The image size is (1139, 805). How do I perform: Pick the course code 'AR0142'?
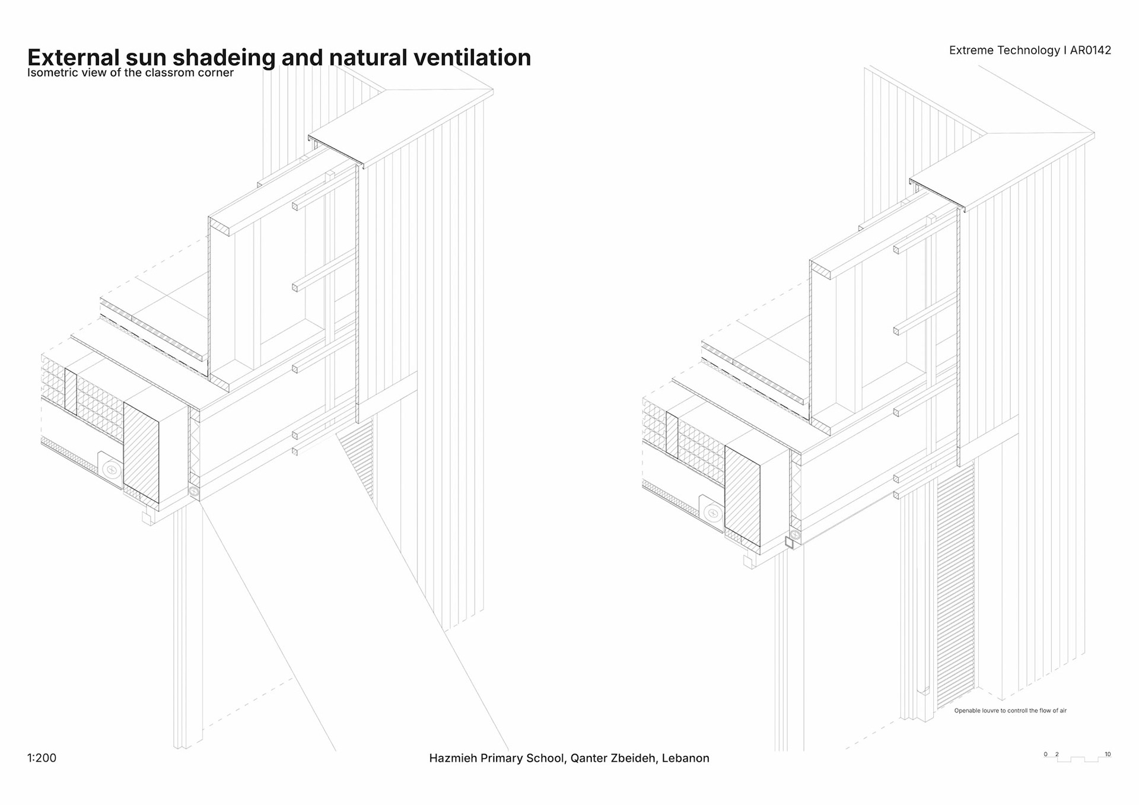click(1090, 50)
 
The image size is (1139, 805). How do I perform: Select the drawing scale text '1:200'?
click(42, 758)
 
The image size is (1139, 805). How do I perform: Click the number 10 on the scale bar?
click(1108, 754)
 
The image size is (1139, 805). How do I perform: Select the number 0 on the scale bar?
click(1046, 754)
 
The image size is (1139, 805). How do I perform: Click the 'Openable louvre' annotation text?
click(1010, 710)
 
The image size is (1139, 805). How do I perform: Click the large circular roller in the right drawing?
click(712, 513)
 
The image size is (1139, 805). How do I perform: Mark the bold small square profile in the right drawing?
click(789, 542)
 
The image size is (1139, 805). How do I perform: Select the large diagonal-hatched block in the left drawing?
click(141, 452)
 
